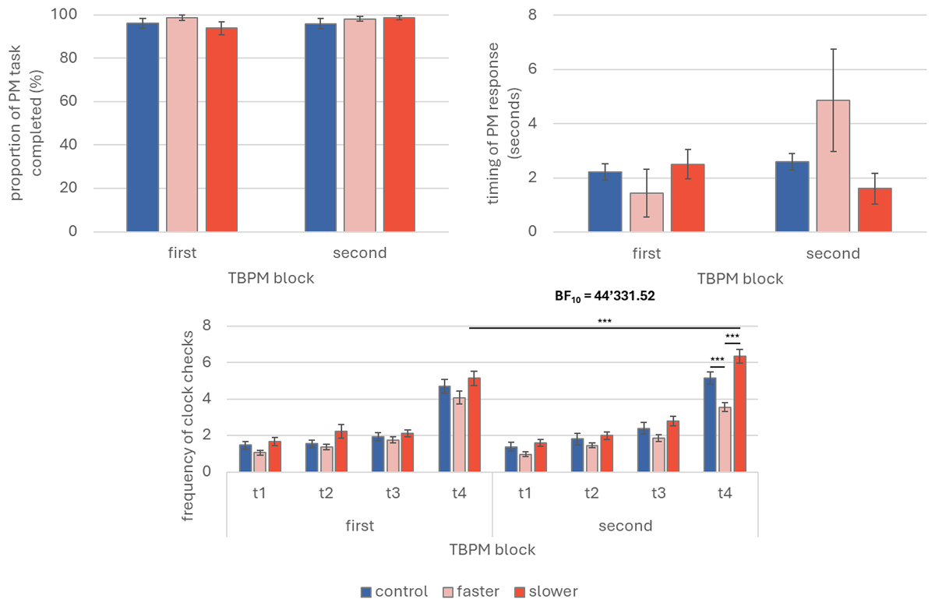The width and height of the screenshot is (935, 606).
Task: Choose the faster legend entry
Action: [474, 591]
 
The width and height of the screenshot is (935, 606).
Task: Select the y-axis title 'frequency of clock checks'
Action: [187, 420]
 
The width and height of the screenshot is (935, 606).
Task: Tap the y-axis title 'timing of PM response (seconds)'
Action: [501, 123]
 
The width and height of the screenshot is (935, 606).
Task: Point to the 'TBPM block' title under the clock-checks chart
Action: [492, 549]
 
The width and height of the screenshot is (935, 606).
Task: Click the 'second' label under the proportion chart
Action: [360, 253]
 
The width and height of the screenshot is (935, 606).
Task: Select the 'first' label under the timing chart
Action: [647, 253]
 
